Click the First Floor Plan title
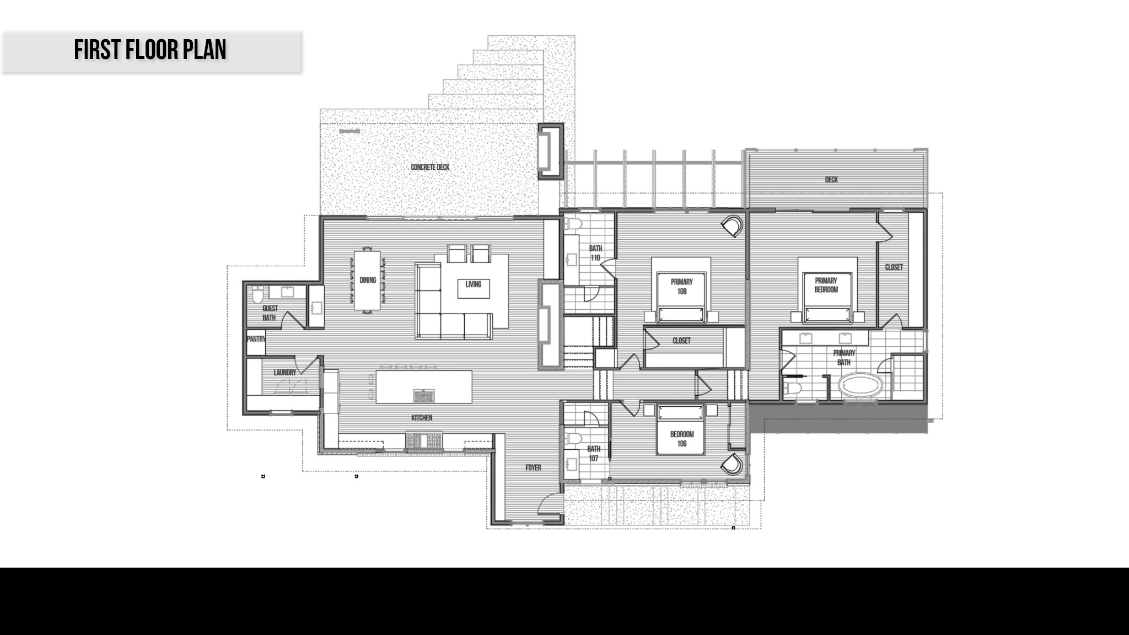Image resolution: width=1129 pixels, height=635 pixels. click(150, 50)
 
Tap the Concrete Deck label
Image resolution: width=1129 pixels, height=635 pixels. click(430, 167)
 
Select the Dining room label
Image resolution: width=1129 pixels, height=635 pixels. click(368, 280)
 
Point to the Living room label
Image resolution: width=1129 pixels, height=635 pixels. click(473, 284)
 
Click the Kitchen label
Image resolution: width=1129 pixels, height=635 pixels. click(422, 418)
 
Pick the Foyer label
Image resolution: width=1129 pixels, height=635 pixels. click(533, 468)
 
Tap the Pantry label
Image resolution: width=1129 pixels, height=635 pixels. click(256, 339)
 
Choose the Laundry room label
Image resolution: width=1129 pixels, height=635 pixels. click(285, 373)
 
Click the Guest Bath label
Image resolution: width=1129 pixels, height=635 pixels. click(270, 313)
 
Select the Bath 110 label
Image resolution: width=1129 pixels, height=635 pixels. click(595, 253)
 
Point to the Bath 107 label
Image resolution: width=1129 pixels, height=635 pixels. click(594, 454)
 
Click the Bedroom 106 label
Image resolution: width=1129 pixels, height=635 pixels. click(682, 439)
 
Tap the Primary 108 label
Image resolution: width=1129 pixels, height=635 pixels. click(682, 287)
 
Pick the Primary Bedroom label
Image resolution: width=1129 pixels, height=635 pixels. click(826, 285)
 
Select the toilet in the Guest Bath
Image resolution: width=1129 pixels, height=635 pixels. click(257, 295)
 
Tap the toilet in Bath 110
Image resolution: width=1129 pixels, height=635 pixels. click(573, 224)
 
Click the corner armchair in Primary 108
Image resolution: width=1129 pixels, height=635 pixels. click(734, 225)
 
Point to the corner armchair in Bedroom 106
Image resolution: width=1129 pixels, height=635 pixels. click(734, 464)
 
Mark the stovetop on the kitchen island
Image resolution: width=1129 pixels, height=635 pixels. click(424, 395)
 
